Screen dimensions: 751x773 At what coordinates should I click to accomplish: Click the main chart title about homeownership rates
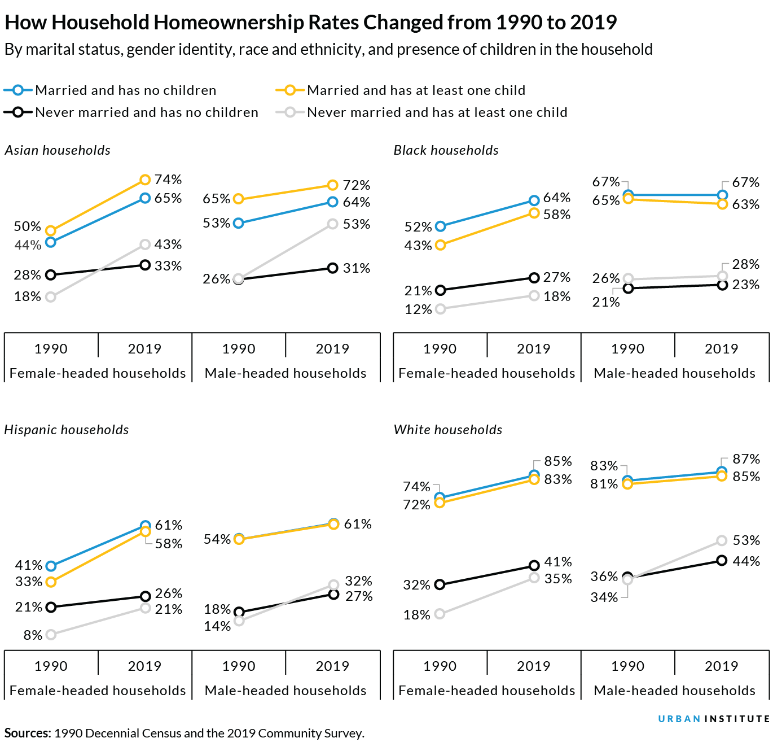click(x=310, y=23)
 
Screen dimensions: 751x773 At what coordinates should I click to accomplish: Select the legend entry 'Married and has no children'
click(x=125, y=90)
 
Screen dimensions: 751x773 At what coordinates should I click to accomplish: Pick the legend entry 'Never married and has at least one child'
click(x=437, y=112)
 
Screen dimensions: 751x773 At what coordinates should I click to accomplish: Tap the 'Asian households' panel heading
click(x=58, y=150)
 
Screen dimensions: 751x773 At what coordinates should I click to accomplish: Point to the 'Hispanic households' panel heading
click(x=67, y=430)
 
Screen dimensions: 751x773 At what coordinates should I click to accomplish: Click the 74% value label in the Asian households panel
click(x=168, y=180)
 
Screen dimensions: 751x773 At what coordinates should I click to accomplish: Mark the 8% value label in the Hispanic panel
click(x=33, y=635)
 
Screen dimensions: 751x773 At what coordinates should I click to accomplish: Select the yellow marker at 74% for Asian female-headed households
click(x=145, y=180)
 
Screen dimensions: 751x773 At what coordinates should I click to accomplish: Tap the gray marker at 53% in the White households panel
click(x=722, y=541)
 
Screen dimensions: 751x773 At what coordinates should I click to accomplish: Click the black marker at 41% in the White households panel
click(x=534, y=565)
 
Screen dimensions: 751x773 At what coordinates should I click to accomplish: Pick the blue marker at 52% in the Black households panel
click(x=441, y=226)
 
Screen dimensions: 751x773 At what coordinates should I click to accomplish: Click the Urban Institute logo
click(x=714, y=719)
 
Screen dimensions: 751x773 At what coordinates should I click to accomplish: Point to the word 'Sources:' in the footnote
click(x=28, y=733)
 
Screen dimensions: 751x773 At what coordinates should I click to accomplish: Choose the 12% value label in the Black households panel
click(x=418, y=309)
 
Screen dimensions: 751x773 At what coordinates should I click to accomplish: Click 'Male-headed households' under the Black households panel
click(x=674, y=373)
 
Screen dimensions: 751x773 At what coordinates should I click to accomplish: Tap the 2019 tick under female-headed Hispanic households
click(x=144, y=666)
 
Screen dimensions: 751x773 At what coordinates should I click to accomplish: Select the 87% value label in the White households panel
click(x=746, y=459)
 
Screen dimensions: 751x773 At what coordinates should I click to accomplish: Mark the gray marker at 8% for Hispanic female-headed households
click(x=51, y=635)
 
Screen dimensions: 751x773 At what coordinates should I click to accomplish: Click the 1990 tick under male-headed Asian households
click(x=239, y=349)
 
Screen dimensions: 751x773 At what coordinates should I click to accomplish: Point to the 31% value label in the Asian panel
click(x=357, y=268)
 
